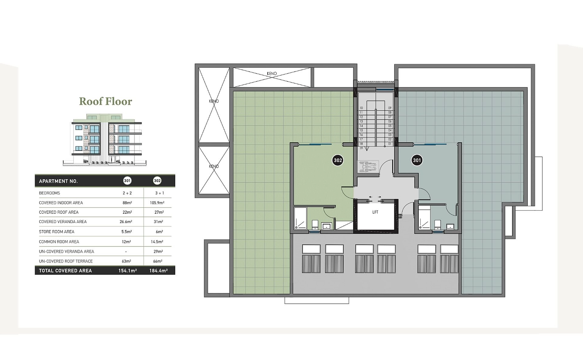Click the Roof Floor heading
point(106,101)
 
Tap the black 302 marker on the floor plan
point(338,160)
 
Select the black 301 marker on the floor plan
point(417,160)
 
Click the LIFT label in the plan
point(375,212)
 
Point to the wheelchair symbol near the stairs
point(368,167)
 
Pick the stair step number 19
point(361,148)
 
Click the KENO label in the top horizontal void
point(272,74)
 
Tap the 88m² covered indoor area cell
point(127,203)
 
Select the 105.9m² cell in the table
point(157,203)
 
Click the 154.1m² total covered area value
point(128,271)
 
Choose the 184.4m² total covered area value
point(159,271)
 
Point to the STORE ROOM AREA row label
point(56,232)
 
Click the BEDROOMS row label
point(49,193)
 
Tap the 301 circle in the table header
point(127,181)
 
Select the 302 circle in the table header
point(157,181)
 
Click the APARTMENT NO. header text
point(58,181)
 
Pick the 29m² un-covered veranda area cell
point(158,252)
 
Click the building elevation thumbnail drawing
point(106,140)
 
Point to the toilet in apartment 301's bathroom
point(438,225)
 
